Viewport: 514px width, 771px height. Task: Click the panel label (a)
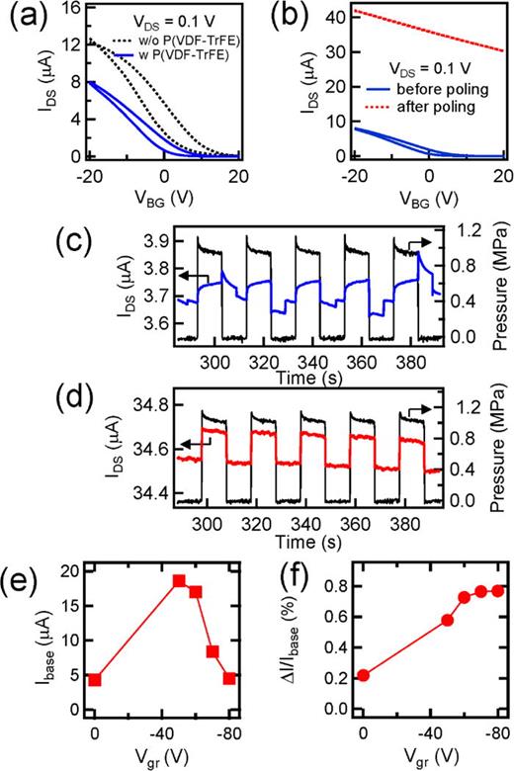[21, 14]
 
